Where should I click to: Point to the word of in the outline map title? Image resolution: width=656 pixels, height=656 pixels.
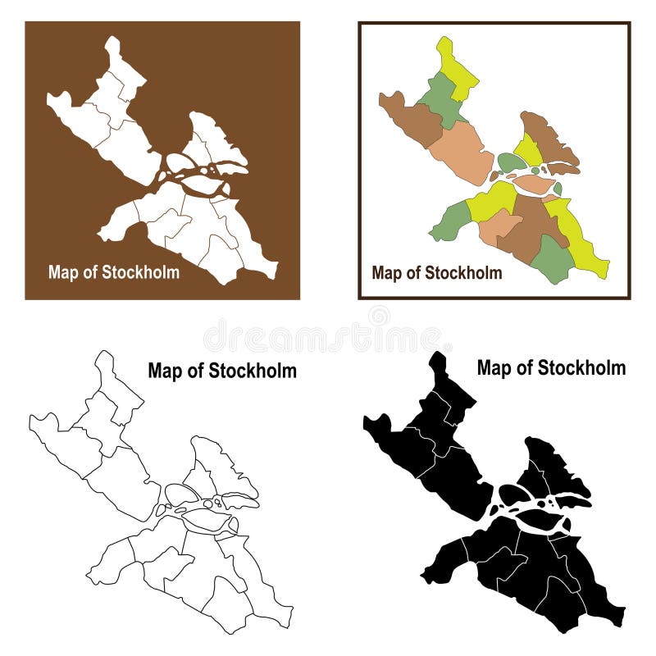pos(194,371)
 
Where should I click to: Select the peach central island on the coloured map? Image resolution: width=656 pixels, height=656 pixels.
pos(534,185)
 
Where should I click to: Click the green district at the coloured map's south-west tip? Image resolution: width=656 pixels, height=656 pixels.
pos(450,222)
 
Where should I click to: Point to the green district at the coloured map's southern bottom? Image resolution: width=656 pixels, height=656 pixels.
pos(553,261)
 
